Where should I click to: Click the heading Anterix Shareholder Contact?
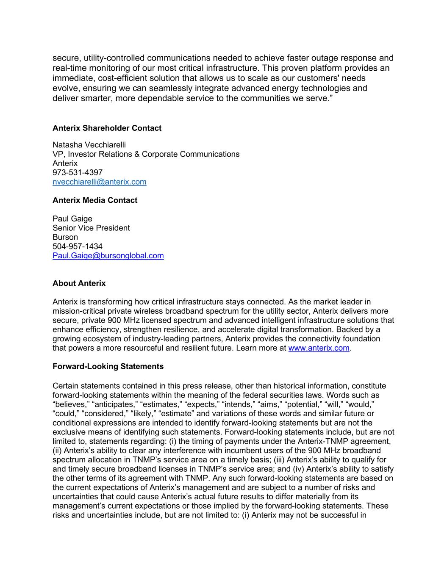[x=107, y=128]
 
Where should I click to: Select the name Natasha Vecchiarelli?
[x=89, y=145]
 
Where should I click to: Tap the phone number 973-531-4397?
[x=78, y=172]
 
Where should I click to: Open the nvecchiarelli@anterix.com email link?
[x=100, y=182]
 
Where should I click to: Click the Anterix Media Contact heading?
[x=95, y=200]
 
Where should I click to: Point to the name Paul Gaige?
[x=72, y=218]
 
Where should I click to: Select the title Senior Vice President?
[x=91, y=228]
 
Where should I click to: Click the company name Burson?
[x=65, y=237]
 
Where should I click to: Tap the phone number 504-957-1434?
[x=78, y=246]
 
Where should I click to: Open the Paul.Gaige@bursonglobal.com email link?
[x=108, y=255]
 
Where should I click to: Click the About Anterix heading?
[x=79, y=283]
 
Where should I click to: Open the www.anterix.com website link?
[x=319, y=348]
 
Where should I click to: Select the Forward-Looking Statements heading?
[x=108, y=366]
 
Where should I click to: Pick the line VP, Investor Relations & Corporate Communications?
[x=146, y=154]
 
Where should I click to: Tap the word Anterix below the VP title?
[x=65, y=163]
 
